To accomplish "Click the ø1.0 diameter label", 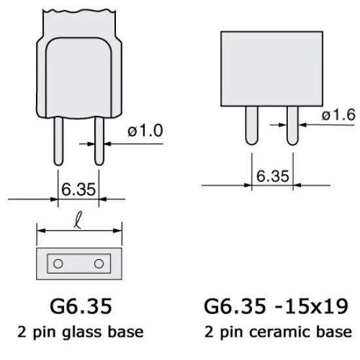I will tap(145, 130).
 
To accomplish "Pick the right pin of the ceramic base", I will tap(292, 124).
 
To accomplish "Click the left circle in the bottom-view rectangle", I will tap(58, 263).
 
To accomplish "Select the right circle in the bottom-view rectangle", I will tap(99, 263).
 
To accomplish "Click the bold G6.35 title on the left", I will tap(79, 306).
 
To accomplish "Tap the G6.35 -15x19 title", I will tap(274, 306).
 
